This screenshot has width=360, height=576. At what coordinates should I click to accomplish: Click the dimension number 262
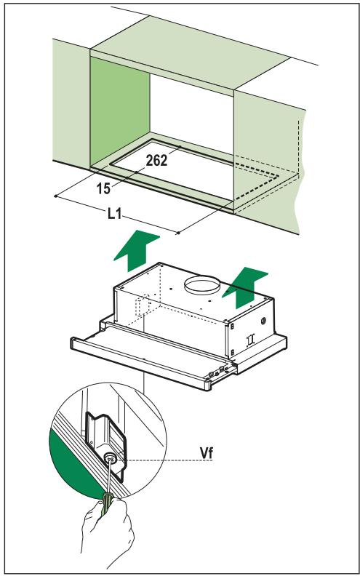coord(156,160)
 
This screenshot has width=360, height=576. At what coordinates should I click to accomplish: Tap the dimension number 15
coord(103,188)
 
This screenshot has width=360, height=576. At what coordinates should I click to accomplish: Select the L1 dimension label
coord(115,214)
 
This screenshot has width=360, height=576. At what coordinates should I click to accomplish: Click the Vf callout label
coord(206,453)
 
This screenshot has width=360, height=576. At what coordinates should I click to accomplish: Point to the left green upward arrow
coord(136,250)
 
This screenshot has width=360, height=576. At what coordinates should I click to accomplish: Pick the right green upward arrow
coord(245,287)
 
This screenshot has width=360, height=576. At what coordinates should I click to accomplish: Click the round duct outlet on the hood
coord(202,285)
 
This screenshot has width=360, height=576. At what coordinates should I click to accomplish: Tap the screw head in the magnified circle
coord(111,457)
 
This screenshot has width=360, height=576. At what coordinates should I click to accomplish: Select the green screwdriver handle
coord(108,503)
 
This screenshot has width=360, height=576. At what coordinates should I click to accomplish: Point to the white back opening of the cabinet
coord(191,114)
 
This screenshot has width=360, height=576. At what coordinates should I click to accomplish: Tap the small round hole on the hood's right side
coord(263,321)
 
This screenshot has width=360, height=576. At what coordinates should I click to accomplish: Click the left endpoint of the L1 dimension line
coord(55,196)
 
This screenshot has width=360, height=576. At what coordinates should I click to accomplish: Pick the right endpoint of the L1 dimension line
coord(178,233)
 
